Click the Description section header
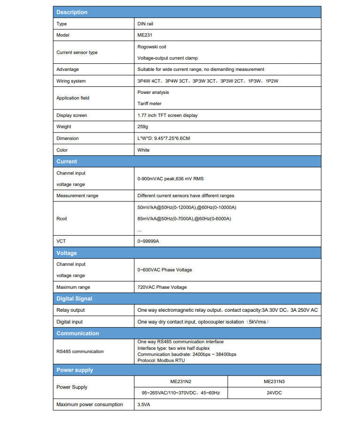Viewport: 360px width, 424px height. tap(72, 12)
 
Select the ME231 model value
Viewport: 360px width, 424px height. tap(144, 35)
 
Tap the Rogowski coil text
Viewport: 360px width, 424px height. tap(152, 47)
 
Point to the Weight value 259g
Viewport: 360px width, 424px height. tap(143, 127)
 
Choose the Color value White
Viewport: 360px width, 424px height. tap(144, 150)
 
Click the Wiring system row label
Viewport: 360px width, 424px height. tap(71, 81)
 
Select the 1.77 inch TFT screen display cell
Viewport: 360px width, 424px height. tap(168, 116)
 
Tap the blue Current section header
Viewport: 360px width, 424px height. tap(67, 162)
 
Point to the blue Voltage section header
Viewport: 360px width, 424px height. tap(67, 253)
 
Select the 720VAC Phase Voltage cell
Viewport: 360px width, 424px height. tap(162, 287)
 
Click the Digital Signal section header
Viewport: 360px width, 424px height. tap(74, 299)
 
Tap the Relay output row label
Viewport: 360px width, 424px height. tap(70, 310)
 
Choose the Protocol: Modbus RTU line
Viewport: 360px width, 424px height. tap(161, 361)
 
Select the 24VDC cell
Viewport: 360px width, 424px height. tap(274, 393)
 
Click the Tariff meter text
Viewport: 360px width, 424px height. tap(149, 104)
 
